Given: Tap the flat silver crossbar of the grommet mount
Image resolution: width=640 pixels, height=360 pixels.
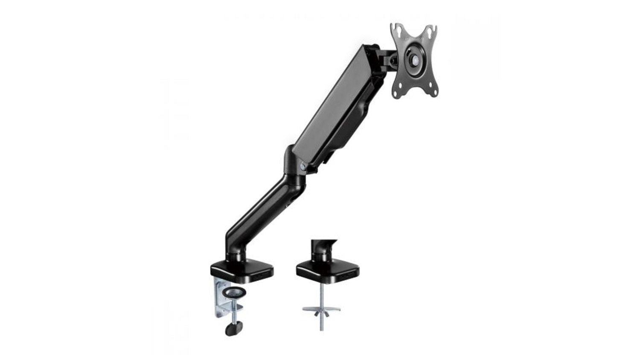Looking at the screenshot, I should (321, 308).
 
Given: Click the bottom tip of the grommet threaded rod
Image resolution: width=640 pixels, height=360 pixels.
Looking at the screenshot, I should (321, 329).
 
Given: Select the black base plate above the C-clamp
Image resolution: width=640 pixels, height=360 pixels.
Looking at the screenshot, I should (241, 270).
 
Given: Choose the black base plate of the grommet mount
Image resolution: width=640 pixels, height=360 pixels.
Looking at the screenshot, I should (327, 270).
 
